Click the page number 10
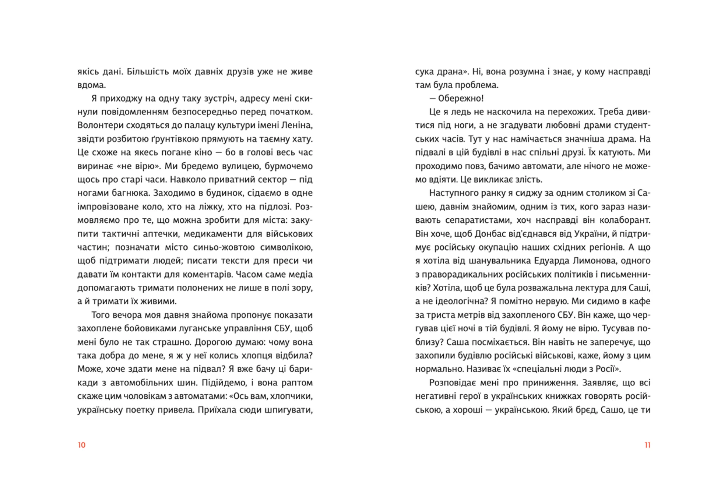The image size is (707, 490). click(x=81, y=445)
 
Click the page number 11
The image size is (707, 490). click(x=647, y=445)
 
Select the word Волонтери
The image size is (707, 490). click(x=100, y=125)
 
